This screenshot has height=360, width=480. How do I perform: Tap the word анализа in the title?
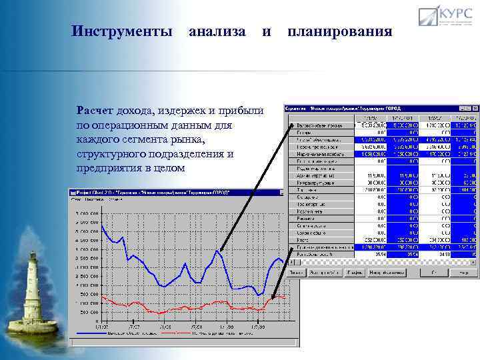coord(217,31)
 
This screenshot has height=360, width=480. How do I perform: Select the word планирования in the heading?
coord(340,31)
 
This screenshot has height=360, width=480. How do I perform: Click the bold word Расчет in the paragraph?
coord(95,111)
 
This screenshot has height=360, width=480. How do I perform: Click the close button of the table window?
coord(474,109)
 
